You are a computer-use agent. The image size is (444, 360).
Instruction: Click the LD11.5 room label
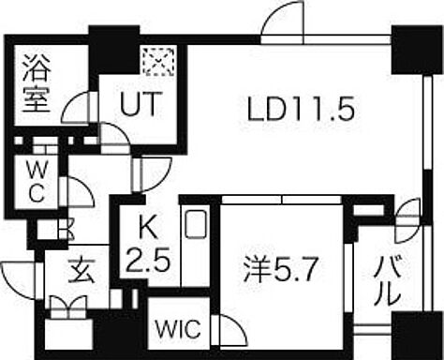301,109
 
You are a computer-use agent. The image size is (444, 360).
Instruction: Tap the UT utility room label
141,103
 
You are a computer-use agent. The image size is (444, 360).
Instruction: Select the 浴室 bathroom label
37,83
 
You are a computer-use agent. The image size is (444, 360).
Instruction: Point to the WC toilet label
37,182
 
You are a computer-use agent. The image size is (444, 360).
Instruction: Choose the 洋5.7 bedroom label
281,269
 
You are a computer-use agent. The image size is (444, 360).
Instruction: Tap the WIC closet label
178,329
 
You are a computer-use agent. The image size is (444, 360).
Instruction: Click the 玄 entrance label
81,271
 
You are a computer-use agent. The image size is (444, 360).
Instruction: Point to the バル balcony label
388,280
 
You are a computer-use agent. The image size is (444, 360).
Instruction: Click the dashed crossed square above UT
158,62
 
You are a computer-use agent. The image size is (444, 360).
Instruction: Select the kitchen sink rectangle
196,224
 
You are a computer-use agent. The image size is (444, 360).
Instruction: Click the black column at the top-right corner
417,50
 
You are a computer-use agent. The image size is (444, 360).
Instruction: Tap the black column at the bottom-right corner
417,336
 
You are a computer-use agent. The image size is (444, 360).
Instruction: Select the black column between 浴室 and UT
114,50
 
